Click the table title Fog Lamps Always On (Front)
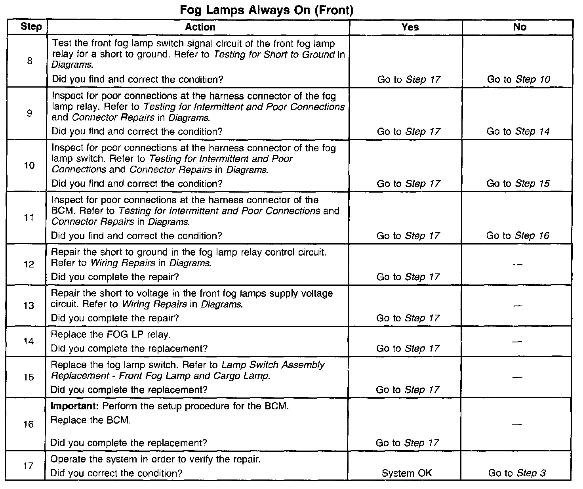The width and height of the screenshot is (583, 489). pyautogui.click(x=267, y=10)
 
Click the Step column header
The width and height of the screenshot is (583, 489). pyautogui.click(x=31, y=27)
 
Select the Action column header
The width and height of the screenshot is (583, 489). pyautogui.click(x=200, y=27)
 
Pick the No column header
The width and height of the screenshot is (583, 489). pyautogui.click(x=520, y=27)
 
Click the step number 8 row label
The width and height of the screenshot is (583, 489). pyautogui.click(x=30, y=61)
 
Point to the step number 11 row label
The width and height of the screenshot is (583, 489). pyautogui.click(x=29, y=218)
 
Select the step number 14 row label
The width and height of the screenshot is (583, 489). pyautogui.click(x=29, y=341)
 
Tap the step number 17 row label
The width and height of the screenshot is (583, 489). pyautogui.click(x=28, y=466)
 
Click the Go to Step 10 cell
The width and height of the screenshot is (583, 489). pyautogui.click(x=518, y=79)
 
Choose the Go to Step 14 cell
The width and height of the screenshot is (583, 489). pyautogui.click(x=518, y=131)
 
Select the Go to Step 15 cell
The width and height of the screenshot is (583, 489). pyautogui.click(x=518, y=183)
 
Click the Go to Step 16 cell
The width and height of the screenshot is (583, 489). pyautogui.click(x=518, y=236)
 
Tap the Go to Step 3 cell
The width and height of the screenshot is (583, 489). pyautogui.click(x=517, y=473)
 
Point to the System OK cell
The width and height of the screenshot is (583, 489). pyautogui.click(x=407, y=473)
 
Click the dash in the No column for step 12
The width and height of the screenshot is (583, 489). pyautogui.click(x=517, y=265)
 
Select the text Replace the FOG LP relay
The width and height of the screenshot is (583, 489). pyautogui.click(x=111, y=334)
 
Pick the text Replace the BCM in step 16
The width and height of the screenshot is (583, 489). pyautogui.click(x=91, y=420)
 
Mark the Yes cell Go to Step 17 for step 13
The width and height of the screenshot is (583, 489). pyautogui.click(x=408, y=318)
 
